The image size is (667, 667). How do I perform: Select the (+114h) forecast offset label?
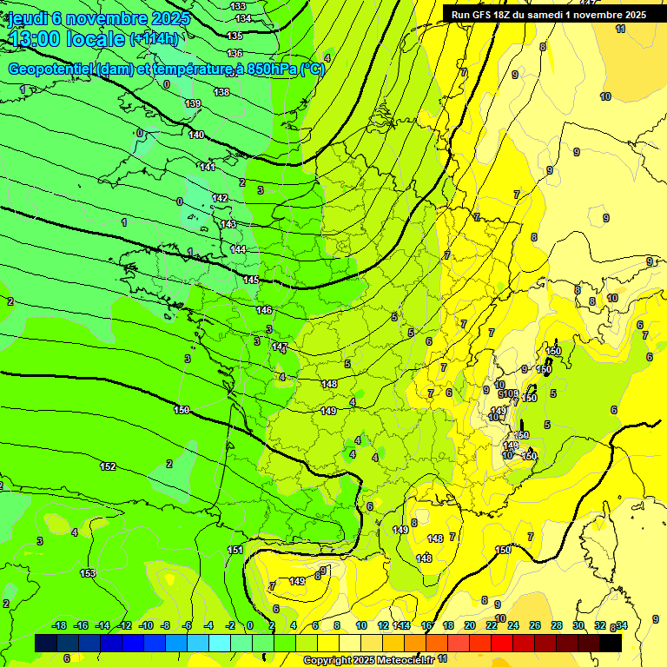coord(154,39)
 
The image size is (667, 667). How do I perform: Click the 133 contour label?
coord(239,6)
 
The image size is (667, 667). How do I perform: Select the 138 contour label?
coord(221,92)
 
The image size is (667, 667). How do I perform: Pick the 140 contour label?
coord(197,135)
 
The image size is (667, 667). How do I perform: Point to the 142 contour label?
coord(220,198)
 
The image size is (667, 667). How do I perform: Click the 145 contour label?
coord(251,280)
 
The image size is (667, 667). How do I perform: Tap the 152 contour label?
coord(108,466)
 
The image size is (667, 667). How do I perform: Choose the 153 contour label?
coord(88,573)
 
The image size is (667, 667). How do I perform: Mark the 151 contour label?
coord(235,550)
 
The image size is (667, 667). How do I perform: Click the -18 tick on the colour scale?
coord(60,625)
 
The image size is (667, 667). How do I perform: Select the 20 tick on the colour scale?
coord(469,625)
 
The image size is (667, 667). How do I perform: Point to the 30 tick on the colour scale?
coord(578,625)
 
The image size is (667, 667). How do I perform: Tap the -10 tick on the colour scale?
coord(147,625)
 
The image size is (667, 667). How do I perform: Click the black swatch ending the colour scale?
coord(611,644)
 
